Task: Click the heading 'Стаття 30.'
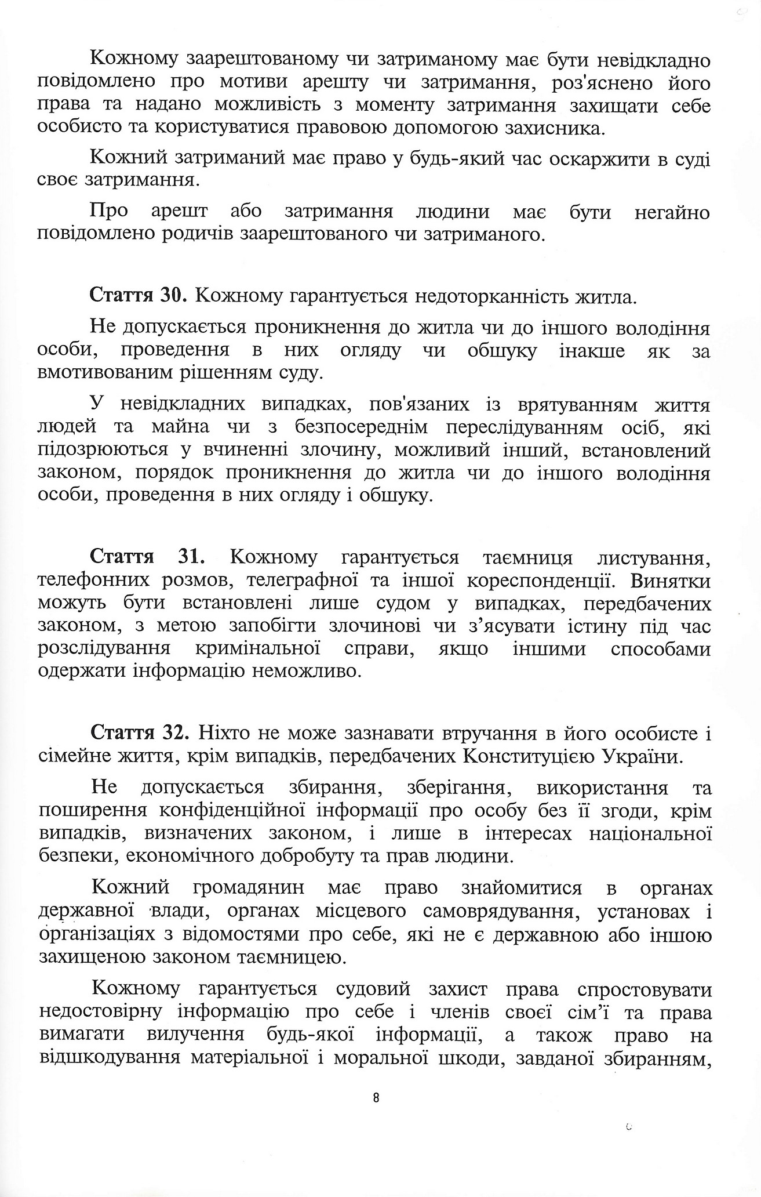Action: tap(137, 297)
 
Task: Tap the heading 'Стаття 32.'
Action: tap(139, 733)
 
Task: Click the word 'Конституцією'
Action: tap(527, 757)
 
